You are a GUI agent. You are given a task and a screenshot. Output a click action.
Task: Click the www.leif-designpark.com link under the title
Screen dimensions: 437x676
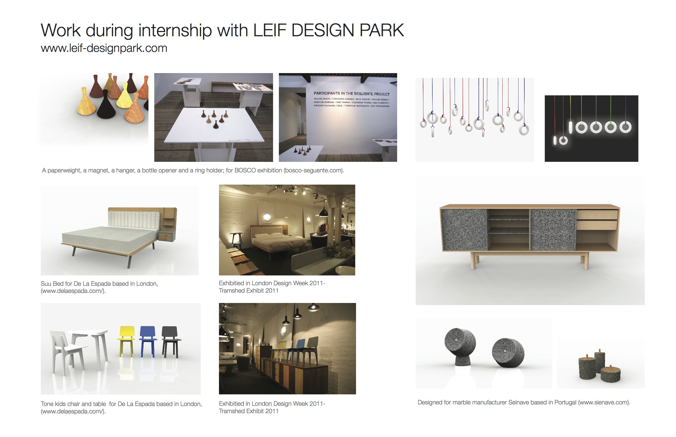point(104,48)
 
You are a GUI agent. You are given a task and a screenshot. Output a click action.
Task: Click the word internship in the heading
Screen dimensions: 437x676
point(175,30)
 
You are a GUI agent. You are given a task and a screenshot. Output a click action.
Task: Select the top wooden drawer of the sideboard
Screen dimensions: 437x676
point(597,215)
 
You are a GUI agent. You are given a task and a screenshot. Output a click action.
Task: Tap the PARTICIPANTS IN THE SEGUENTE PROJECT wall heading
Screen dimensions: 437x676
point(351,94)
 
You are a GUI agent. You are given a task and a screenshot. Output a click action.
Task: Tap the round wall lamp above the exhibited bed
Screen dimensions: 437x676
point(267,217)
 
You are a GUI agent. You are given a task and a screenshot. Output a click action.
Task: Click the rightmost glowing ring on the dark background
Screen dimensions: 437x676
point(625,127)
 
